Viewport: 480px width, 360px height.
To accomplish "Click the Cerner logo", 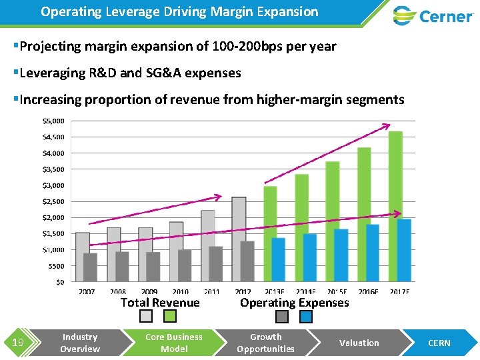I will coord(433,15).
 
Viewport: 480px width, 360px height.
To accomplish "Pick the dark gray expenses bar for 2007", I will coord(90,267).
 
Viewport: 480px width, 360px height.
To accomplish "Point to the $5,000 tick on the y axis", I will coord(53,121).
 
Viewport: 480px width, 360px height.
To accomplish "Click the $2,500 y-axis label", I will coord(53,201).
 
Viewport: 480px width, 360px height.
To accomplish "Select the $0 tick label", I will coord(59,282).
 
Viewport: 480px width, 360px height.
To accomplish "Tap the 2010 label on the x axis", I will coord(180,292).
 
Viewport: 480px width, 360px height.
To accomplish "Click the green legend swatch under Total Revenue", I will coord(170,317).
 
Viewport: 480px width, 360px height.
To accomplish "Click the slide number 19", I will coord(18,343).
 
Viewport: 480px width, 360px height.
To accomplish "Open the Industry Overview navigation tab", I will coord(79,343).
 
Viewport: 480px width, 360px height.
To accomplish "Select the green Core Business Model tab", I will coord(174,343).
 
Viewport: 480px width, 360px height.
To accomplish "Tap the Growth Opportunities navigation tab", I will coord(265,343).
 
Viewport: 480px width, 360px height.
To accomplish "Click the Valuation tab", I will coord(359,343).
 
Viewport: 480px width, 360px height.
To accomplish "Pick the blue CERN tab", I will coord(439,343).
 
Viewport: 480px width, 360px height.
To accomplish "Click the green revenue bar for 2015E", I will coord(333,220).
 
